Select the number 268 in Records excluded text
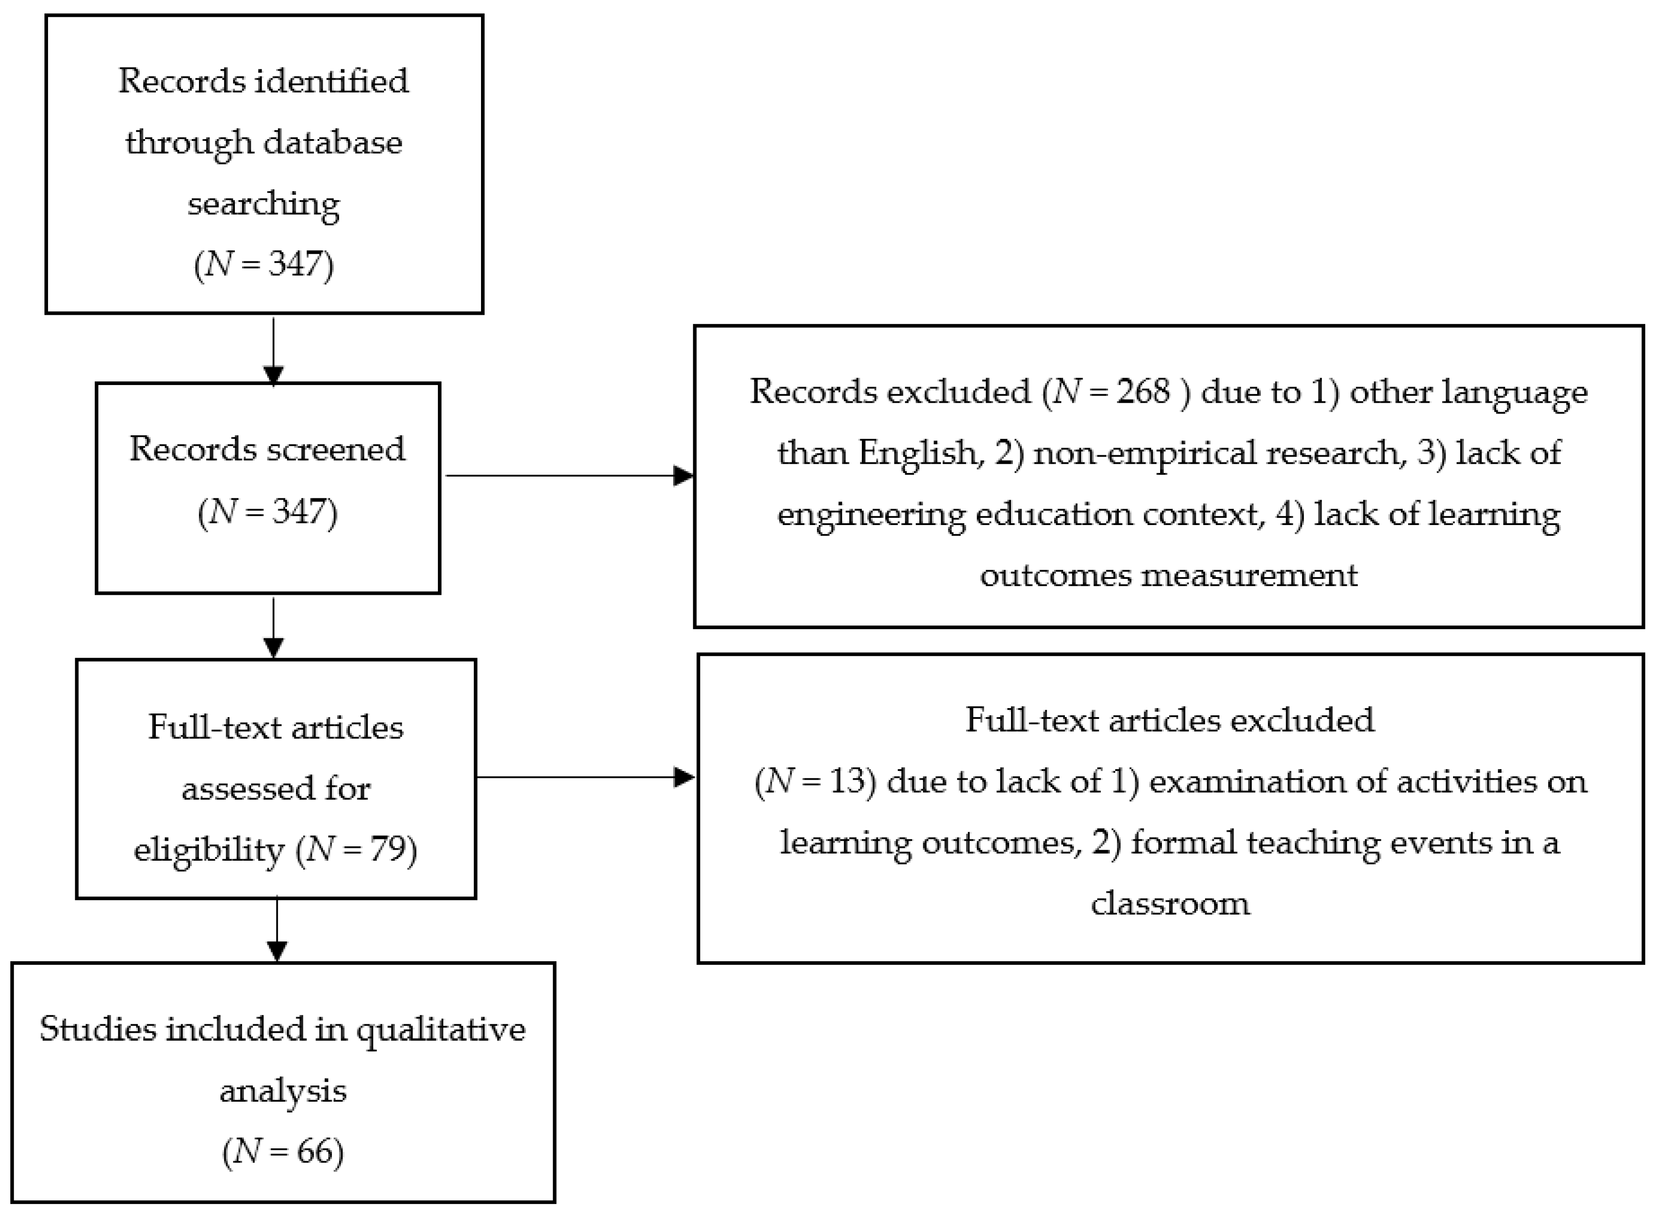click(x=1143, y=391)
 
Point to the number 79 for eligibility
click(x=388, y=849)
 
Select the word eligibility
click(x=209, y=849)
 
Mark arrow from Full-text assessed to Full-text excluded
click(x=586, y=777)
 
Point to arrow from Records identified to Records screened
click(x=273, y=352)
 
